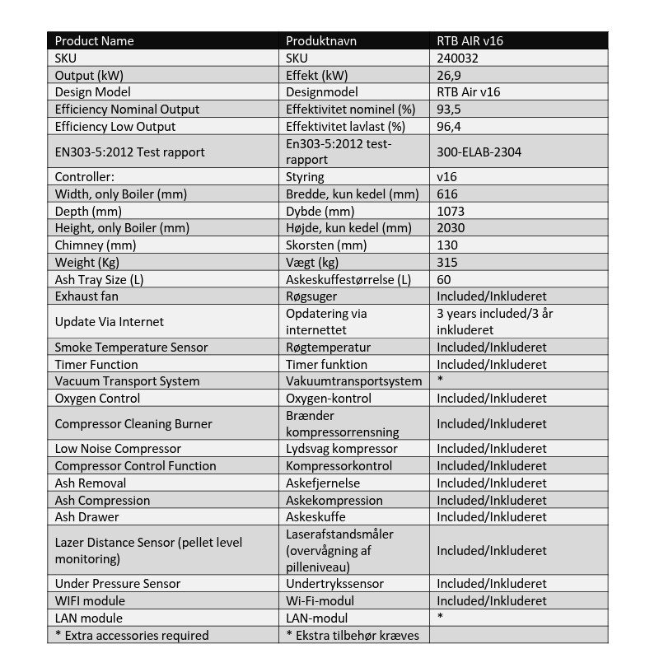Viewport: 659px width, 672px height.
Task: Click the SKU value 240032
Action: pyautogui.click(x=457, y=58)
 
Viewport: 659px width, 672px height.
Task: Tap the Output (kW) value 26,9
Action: pyautogui.click(x=449, y=75)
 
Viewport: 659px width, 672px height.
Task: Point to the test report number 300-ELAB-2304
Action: pyautogui.click(x=479, y=152)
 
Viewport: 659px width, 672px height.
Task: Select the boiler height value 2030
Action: pyautogui.click(x=451, y=228)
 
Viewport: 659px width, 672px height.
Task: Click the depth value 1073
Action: pyautogui.click(x=451, y=211)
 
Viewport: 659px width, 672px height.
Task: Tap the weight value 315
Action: pyautogui.click(x=447, y=262)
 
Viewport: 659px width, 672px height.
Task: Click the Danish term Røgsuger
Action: pyautogui.click(x=311, y=296)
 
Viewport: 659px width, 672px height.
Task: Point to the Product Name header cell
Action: pyautogui.click(x=94, y=41)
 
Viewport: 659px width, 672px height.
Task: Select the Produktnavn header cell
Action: pyautogui.click(x=321, y=41)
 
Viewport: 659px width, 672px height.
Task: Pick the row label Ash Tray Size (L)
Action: pyautogui.click(x=99, y=279)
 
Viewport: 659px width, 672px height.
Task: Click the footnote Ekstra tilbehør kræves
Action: pyautogui.click(x=353, y=636)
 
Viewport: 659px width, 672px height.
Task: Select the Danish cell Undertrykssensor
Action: pyautogui.click(x=334, y=584)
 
